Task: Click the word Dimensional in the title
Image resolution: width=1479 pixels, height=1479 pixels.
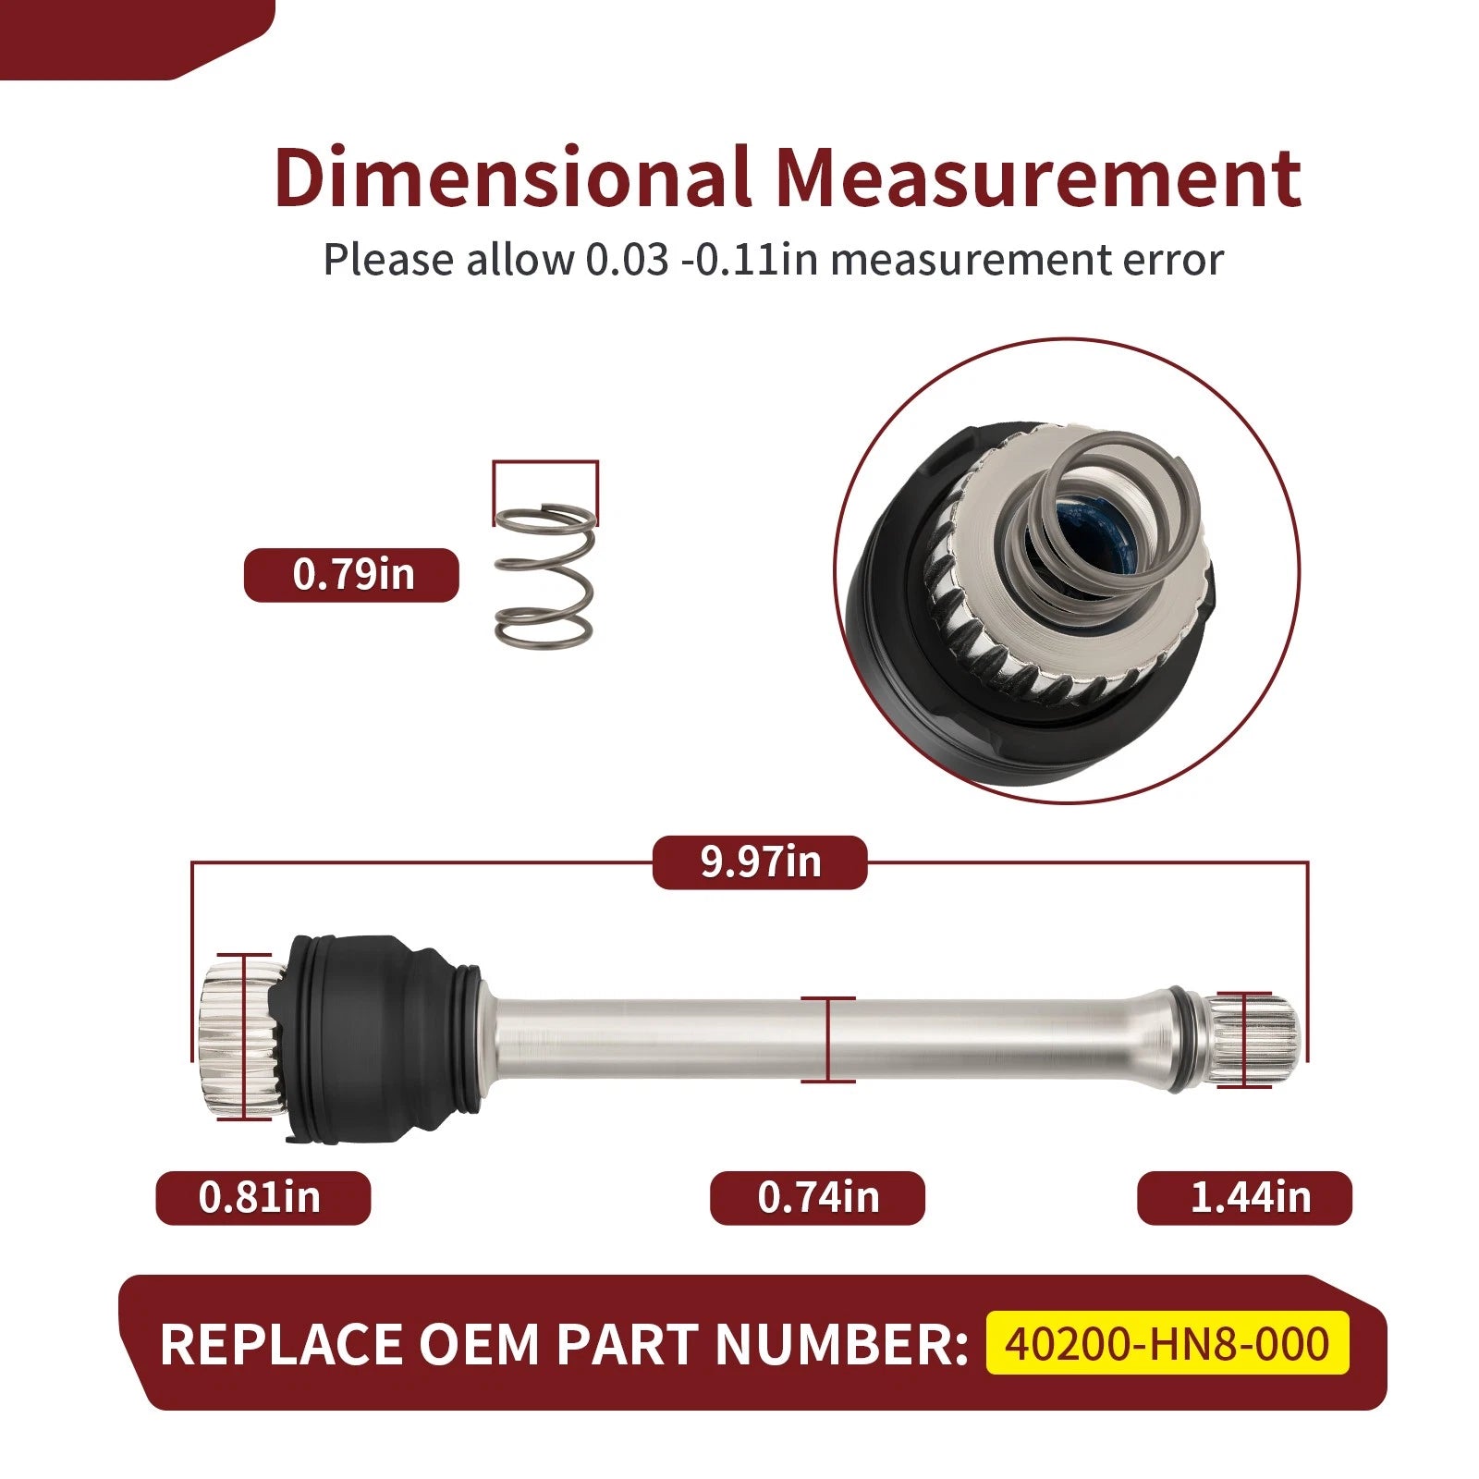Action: pos(511,177)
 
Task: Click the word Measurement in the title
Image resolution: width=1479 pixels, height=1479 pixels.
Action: pos(1038,177)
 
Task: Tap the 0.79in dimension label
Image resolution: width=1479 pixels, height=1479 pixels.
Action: pos(351,575)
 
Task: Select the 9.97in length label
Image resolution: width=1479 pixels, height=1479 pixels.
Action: pos(760,862)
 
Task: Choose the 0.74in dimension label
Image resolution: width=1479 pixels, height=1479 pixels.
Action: pos(817,1198)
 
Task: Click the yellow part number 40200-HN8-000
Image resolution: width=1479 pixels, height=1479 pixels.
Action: pos(1167,1343)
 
